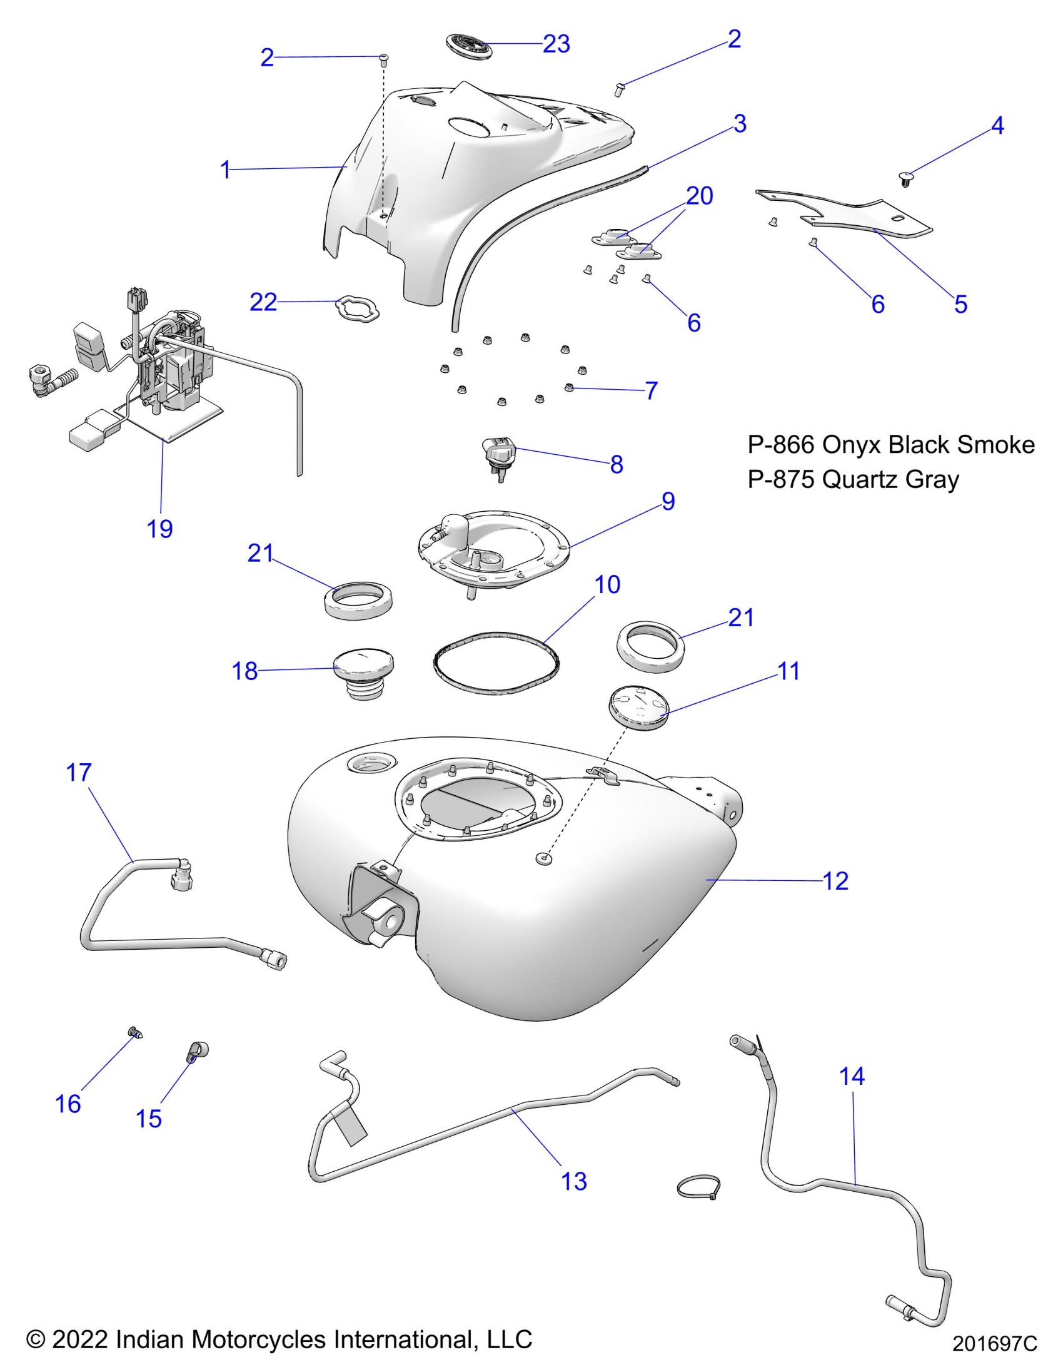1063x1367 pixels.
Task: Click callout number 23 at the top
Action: pyautogui.click(x=556, y=44)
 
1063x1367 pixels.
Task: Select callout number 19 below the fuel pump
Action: pyautogui.click(x=159, y=529)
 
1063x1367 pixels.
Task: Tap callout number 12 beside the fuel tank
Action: pyautogui.click(x=835, y=881)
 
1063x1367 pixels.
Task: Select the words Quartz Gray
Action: pyautogui.click(x=890, y=479)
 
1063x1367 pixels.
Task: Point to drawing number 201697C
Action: pyautogui.click(x=994, y=1344)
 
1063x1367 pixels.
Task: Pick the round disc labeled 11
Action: pyautogui.click(x=639, y=708)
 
